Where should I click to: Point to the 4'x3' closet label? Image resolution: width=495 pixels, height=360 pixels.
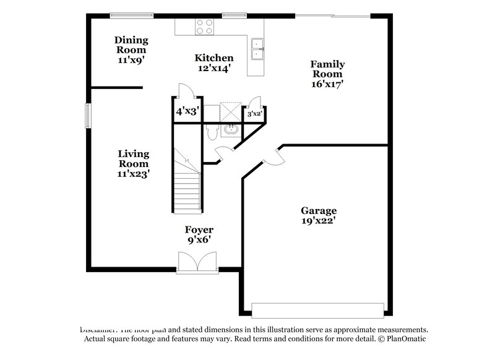click(186, 113)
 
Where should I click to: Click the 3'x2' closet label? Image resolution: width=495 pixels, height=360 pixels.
click(256, 114)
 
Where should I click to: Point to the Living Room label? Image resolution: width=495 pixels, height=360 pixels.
click(133, 163)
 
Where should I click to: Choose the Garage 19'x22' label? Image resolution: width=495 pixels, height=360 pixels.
click(319, 215)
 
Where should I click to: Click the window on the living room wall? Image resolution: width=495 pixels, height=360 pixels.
click(88, 115)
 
